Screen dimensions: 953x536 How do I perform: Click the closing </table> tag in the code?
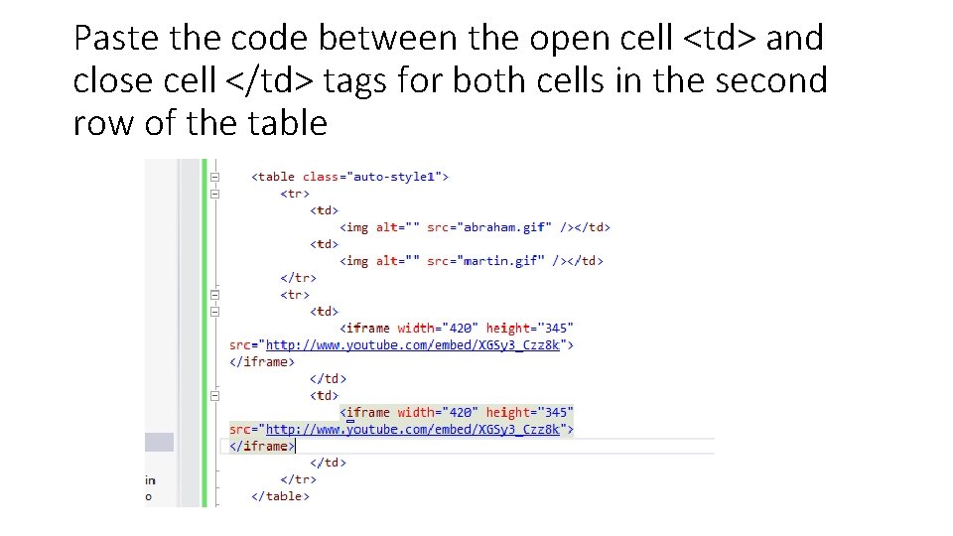[x=281, y=496]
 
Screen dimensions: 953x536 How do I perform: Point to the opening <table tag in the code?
[x=274, y=177]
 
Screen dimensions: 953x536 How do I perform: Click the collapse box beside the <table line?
[x=214, y=177]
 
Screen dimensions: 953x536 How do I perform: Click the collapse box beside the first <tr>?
[x=214, y=195]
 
